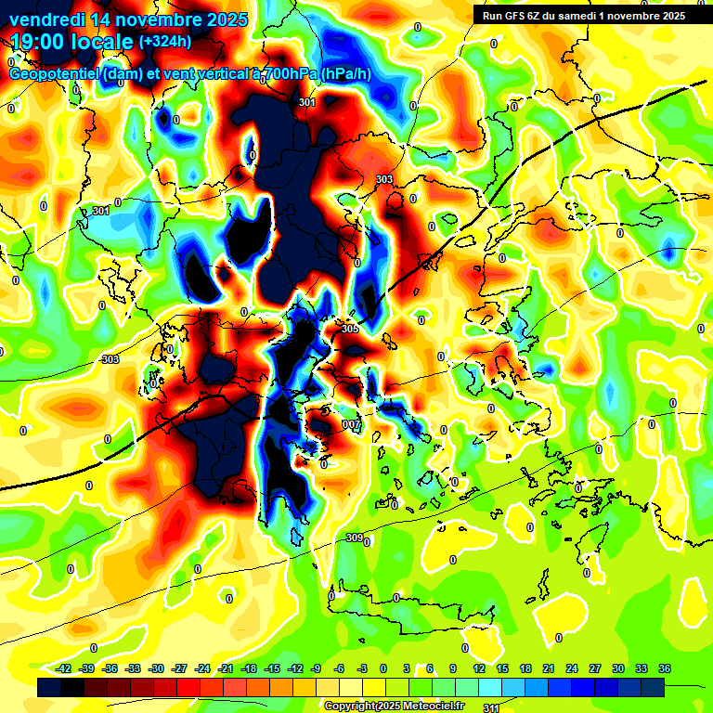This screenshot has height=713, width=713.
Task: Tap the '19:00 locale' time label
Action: tap(71, 42)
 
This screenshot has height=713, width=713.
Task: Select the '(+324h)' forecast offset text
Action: tap(165, 42)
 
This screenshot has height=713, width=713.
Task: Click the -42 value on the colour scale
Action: tap(64, 668)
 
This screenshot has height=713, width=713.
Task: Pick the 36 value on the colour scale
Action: tap(665, 668)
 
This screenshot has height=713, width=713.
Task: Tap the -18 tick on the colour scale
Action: tap(249, 668)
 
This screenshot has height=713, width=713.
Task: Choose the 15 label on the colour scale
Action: tap(502, 668)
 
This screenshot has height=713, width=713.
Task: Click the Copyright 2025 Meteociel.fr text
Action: tap(395, 706)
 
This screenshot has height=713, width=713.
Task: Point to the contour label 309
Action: tap(354, 538)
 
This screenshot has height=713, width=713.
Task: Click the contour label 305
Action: tap(349, 329)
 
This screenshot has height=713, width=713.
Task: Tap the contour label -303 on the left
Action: tap(109, 359)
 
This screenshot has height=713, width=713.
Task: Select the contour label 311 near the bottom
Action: tap(491, 707)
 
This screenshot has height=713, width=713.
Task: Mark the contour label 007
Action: tap(351, 424)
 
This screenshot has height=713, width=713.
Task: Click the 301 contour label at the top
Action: tap(307, 103)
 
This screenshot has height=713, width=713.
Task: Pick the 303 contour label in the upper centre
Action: tap(384, 179)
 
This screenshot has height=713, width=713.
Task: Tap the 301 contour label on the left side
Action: tap(101, 212)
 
